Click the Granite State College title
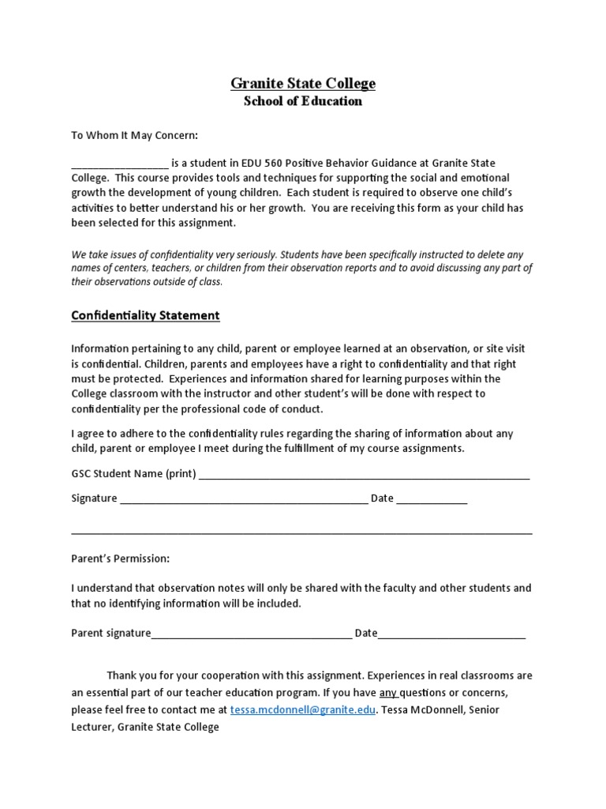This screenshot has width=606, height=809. (303, 83)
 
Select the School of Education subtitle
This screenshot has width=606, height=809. (303, 101)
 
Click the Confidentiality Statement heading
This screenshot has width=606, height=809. (145, 315)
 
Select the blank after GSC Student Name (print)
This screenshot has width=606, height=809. (364, 476)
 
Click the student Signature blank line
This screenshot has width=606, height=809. (243, 499)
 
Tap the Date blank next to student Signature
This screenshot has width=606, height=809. (432, 499)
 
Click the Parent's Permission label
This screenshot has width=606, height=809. (120, 559)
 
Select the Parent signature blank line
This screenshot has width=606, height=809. (251, 634)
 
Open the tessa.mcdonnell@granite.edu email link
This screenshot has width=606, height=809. (303, 709)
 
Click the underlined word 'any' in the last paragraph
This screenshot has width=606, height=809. (389, 693)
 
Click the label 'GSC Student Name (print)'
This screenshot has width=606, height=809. (133, 474)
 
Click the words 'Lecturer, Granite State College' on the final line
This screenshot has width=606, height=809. (145, 727)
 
